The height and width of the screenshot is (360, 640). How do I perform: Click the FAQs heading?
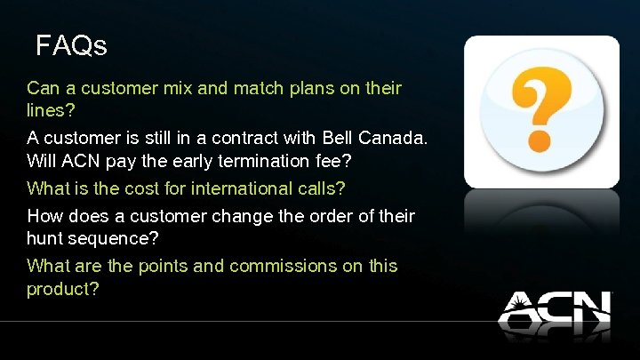coord(71,45)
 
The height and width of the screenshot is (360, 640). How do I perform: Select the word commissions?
coord(283,266)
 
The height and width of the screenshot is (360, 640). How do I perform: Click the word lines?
coord(47,113)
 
